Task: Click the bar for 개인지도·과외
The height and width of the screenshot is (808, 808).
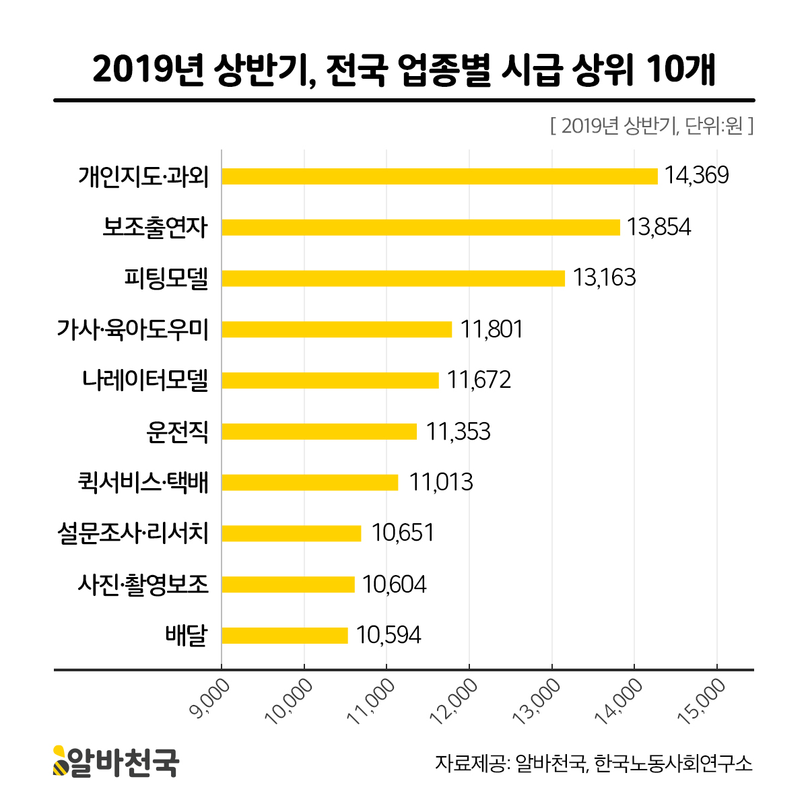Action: click(439, 176)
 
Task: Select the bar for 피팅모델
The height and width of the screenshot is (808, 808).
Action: click(393, 278)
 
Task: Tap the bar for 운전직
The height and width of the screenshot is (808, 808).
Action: click(319, 431)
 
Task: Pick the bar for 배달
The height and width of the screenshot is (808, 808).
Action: click(285, 635)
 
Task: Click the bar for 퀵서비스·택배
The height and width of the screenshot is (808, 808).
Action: click(310, 482)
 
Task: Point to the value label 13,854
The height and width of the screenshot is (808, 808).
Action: click(659, 228)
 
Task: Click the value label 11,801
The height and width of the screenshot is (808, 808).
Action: click(492, 329)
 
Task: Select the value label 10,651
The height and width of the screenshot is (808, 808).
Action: click(403, 533)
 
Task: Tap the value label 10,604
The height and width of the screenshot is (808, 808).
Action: click(394, 584)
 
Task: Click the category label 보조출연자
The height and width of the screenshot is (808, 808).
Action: click(156, 228)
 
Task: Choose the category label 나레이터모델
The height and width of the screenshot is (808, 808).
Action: click(145, 380)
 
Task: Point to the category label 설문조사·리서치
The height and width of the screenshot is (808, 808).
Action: click(133, 533)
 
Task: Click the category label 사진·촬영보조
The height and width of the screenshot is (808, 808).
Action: click(143, 584)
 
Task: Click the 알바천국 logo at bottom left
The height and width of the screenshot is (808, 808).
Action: click(116, 762)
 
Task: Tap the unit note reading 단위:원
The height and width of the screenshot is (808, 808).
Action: click(714, 126)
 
